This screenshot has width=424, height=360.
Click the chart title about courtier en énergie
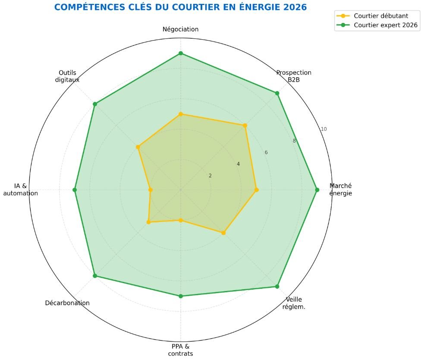[180, 7]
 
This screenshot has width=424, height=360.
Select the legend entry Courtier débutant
[380, 16]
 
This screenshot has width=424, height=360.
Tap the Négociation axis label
[180, 29]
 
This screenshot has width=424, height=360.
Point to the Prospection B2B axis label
[294, 76]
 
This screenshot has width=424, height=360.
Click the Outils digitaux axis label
[67, 76]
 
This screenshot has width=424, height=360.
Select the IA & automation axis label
[21, 189]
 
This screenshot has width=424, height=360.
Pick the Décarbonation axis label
[67, 303]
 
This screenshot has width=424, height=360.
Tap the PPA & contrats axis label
[180, 350]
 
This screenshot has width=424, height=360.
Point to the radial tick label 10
[323, 129]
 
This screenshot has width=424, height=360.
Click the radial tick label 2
[210, 176]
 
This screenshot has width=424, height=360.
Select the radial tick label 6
[266, 152]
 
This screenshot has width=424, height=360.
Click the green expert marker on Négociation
[181, 53]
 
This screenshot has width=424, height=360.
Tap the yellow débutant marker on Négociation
[181, 114]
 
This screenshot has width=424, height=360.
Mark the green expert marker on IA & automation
[75, 189]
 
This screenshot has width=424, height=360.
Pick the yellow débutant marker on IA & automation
[151, 189]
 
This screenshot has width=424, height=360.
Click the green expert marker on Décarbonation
[95, 276]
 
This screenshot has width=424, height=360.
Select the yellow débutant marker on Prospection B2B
[245, 125]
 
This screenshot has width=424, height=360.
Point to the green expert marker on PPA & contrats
[181, 296]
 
